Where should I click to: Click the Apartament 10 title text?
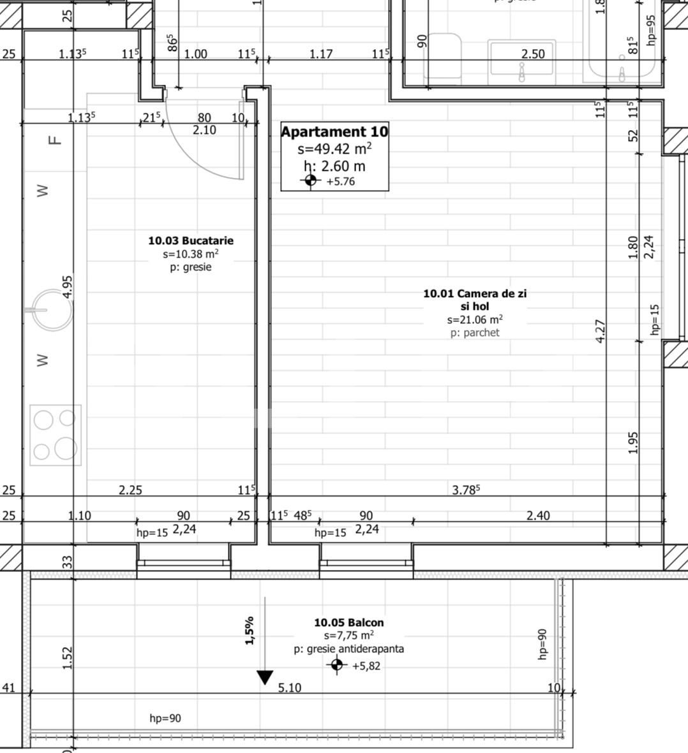(334, 132)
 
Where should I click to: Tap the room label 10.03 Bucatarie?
(191, 240)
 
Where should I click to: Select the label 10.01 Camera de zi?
(475, 293)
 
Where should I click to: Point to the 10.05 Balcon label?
(348, 622)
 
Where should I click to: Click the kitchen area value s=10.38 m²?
(191, 254)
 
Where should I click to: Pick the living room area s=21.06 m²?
(474, 319)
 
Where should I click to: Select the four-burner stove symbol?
(56, 435)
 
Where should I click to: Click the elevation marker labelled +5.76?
(310, 181)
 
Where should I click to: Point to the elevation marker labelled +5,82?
(337, 666)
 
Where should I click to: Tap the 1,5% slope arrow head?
(265, 677)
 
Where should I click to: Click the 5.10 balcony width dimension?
(290, 687)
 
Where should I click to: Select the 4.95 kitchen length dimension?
(68, 286)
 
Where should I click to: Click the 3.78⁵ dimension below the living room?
(466, 490)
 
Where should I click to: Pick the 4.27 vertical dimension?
(600, 331)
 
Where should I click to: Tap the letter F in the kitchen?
(56, 139)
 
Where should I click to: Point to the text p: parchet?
(475, 333)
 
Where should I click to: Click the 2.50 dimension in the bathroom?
(533, 54)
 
